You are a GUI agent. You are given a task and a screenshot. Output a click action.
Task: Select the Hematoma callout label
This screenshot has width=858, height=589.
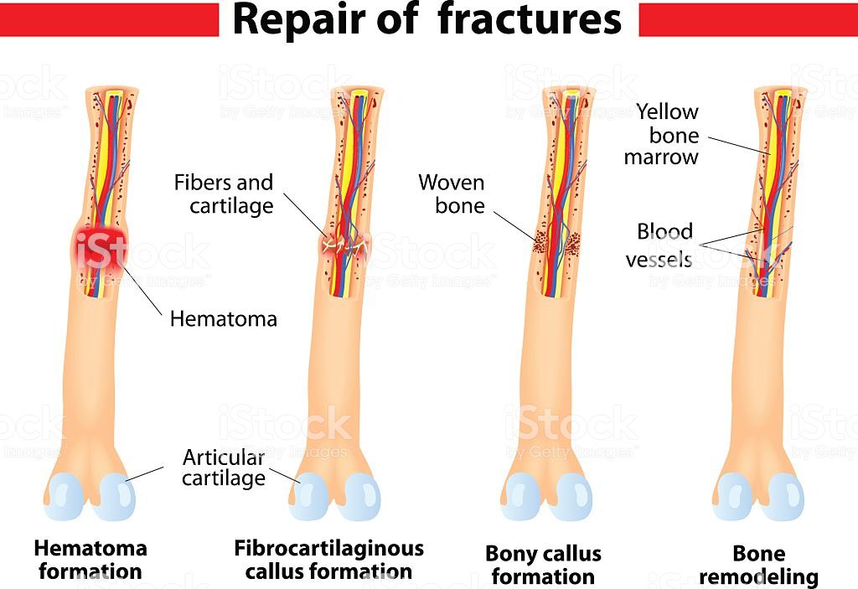[223, 318]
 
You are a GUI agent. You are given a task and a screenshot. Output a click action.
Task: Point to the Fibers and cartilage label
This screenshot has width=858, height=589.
[224, 194]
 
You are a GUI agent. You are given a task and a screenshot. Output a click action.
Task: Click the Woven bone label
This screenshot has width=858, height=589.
[452, 194]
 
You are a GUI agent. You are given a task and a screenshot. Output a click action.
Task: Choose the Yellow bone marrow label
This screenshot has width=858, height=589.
[666, 134]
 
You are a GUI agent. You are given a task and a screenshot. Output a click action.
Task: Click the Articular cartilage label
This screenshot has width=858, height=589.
[224, 468]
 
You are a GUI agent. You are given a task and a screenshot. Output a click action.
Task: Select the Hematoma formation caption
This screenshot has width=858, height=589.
[90, 560]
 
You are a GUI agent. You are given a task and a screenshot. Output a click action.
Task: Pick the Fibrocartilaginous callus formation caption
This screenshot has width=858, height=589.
[328, 560]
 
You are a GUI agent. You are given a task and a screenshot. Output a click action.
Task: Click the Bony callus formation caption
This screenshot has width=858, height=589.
[543, 565]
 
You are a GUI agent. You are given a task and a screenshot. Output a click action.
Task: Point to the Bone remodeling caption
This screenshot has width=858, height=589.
[758, 565]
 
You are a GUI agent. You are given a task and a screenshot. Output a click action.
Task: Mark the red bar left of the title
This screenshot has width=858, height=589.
[109, 19]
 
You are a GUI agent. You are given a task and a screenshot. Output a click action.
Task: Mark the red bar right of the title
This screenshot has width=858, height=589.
[747, 19]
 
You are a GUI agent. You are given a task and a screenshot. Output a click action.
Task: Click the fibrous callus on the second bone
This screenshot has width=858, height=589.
[345, 245]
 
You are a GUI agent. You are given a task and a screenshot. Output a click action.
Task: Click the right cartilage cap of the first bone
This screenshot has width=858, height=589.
[114, 496]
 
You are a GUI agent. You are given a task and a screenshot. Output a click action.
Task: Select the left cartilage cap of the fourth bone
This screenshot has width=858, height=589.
[733, 496]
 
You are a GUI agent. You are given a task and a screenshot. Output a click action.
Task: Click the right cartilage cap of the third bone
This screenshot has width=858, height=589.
[573, 496]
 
